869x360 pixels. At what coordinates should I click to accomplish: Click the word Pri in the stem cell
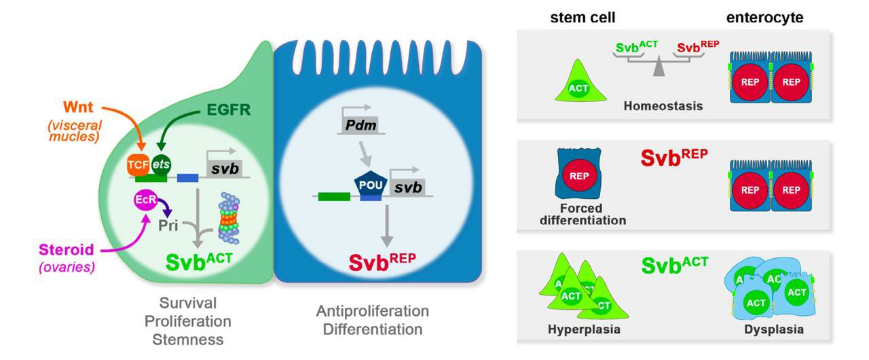click(x=168, y=226)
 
